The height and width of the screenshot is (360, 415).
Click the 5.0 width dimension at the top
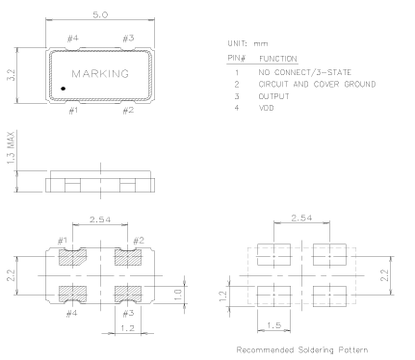pyautogui.click(x=100, y=14)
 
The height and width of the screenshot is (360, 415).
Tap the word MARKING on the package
pyautogui.click(x=100, y=74)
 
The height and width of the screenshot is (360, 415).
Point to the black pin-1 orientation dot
pyautogui.click(x=64, y=89)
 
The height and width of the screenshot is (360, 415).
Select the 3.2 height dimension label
pyautogui.click(x=12, y=75)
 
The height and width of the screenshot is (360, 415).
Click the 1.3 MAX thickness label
pyautogui.click(x=11, y=147)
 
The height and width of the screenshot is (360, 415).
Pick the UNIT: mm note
pyautogui.click(x=247, y=43)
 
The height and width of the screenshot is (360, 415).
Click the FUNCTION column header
pyautogui.click(x=278, y=59)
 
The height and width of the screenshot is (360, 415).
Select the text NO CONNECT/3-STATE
pyautogui.click(x=305, y=72)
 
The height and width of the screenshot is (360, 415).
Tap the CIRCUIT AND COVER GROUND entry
pyautogui.click(x=317, y=84)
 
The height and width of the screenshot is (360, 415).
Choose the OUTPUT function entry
pyautogui.click(x=274, y=96)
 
